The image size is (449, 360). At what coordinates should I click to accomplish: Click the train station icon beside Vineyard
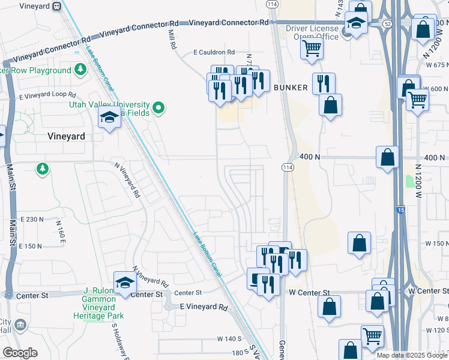(57, 7)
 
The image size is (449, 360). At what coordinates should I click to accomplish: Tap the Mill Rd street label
(172, 40)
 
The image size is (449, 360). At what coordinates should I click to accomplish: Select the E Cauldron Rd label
(214, 53)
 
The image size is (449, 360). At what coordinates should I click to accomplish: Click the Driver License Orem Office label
(312, 32)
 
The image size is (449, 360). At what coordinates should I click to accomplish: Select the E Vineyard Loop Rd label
(47, 95)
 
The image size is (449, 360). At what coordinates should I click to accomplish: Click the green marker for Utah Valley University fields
(158, 108)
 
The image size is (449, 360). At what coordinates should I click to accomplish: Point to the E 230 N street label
(32, 220)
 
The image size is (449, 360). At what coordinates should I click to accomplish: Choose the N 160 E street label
(60, 228)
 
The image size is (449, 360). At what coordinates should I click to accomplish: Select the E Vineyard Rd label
(204, 307)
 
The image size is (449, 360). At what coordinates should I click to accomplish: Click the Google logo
(20, 353)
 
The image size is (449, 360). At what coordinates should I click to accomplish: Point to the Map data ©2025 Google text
(412, 355)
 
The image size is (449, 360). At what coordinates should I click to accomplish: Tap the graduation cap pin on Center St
(125, 283)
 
